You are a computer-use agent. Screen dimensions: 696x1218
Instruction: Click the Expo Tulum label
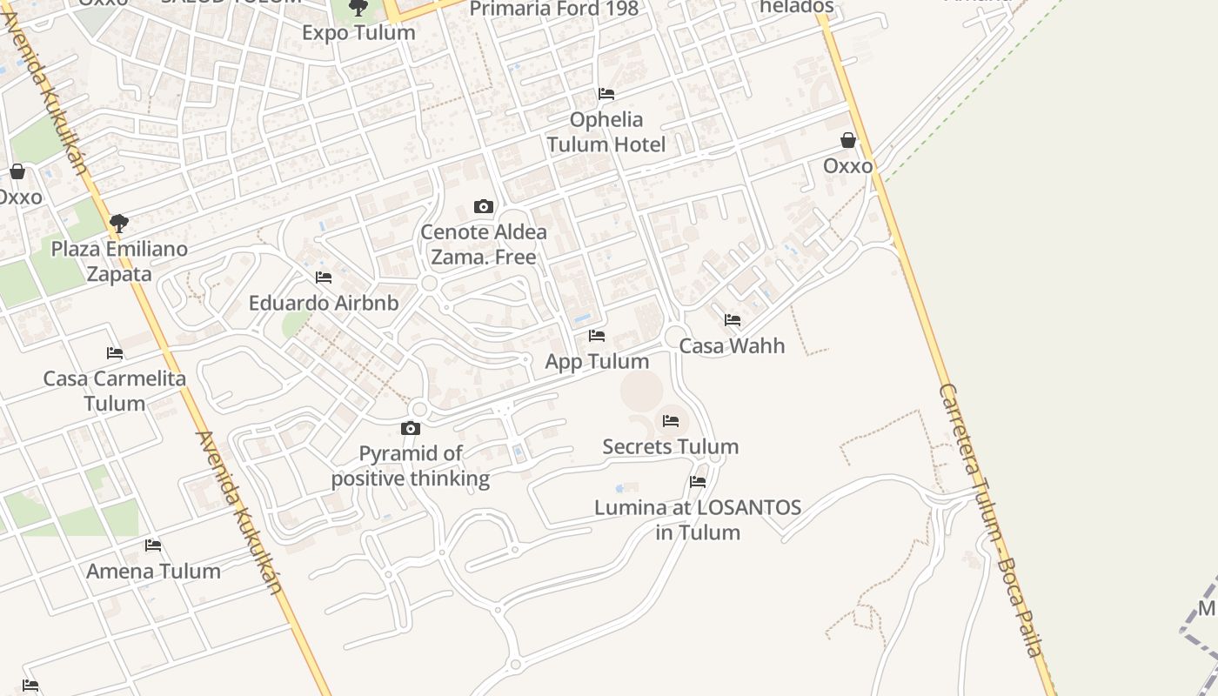[358, 32]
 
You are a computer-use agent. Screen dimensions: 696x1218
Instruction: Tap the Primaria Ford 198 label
[553, 10]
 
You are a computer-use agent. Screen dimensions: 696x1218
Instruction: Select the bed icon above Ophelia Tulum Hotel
[606, 94]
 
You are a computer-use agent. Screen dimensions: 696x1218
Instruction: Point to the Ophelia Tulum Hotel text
[606, 132]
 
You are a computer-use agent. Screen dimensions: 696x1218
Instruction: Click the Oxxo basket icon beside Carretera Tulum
[848, 140]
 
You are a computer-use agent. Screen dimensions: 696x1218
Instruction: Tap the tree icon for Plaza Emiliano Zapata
[119, 224]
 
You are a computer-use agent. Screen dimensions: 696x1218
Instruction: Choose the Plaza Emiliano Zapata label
[119, 261]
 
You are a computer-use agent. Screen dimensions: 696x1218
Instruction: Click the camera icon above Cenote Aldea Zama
[484, 207]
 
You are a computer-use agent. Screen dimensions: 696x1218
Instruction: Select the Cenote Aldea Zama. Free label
[484, 244]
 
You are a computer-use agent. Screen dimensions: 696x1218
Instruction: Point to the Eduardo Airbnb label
[324, 303]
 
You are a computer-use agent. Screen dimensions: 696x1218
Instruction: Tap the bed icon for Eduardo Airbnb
[324, 278]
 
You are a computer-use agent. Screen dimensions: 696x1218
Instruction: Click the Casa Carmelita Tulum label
[115, 391]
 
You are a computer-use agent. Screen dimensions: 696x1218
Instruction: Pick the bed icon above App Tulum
[597, 336]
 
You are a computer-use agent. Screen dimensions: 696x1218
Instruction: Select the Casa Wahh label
[732, 345]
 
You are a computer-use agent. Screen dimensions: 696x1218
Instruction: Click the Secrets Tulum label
[671, 446]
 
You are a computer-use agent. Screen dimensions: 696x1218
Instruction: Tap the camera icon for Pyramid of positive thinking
[411, 428]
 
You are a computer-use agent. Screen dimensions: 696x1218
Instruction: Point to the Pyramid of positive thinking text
[411, 465]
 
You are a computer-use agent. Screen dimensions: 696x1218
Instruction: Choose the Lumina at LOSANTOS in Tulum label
[698, 519]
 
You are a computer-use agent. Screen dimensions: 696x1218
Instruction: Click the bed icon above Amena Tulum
[154, 545]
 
